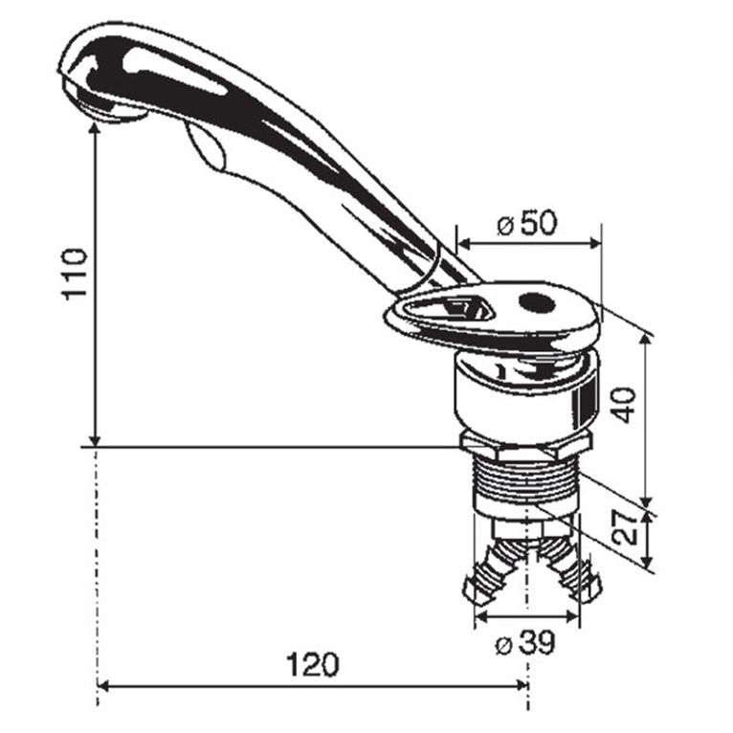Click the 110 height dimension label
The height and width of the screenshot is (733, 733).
[x=74, y=275]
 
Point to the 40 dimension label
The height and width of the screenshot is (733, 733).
[x=623, y=402]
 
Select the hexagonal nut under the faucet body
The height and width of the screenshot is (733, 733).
[x=525, y=447]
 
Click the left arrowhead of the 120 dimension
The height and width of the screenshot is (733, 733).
[x=104, y=686]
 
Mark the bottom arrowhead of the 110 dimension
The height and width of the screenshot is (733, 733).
[x=96, y=439]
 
